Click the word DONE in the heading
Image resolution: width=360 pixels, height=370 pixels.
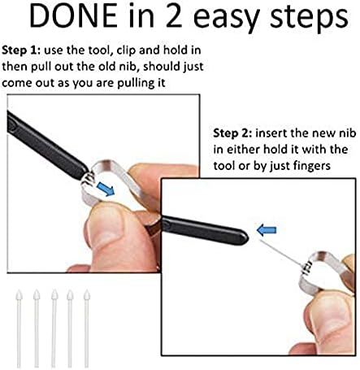click(x=73, y=16)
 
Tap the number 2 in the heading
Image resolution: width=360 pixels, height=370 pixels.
click(x=174, y=16)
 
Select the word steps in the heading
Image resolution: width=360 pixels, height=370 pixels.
click(x=309, y=19)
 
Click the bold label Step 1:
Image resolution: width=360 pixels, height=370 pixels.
click(x=21, y=50)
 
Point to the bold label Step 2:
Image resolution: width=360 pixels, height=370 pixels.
click(x=232, y=133)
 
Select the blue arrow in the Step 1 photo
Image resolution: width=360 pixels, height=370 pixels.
click(x=106, y=189)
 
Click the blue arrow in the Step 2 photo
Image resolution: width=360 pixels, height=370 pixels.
click(x=267, y=230)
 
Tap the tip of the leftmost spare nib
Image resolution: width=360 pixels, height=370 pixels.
click(x=19, y=290)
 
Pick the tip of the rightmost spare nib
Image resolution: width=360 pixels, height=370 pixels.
click(x=86, y=290)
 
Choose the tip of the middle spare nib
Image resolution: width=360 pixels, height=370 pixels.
click(x=54, y=290)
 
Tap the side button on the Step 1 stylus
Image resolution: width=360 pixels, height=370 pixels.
click(x=11, y=124)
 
